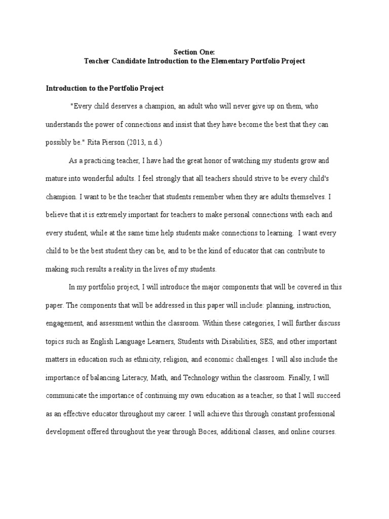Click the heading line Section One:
[x=194, y=52]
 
